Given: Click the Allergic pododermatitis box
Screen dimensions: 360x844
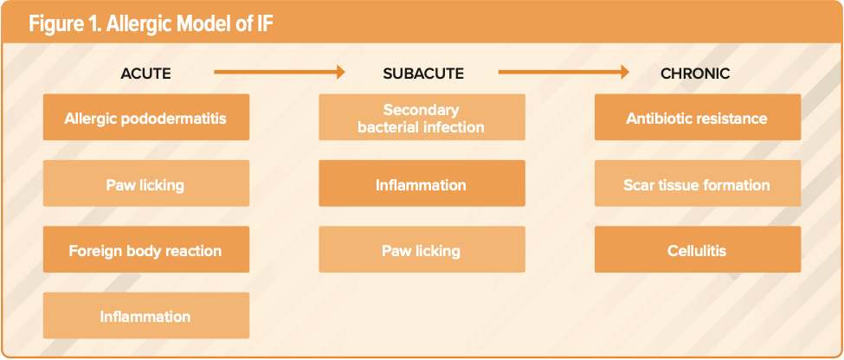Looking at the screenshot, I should click(x=145, y=118).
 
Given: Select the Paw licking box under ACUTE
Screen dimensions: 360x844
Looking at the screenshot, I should click(x=145, y=184).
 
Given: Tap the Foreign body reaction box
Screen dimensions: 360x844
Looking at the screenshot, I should click(x=145, y=251).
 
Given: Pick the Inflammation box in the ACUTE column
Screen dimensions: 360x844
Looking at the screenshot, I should click(x=145, y=317).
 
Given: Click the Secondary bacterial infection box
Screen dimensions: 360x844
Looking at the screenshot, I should click(x=422, y=119).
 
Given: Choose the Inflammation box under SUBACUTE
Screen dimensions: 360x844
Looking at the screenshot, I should click(x=422, y=184).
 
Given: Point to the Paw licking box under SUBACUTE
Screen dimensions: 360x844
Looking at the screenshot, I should click(x=422, y=251).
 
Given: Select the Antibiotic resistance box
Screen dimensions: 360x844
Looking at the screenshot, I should click(x=697, y=118).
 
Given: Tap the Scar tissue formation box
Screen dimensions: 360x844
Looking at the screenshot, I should click(x=697, y=184).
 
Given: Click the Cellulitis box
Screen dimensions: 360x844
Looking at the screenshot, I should click(x=697, y=251).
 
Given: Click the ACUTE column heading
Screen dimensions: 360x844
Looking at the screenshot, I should click(x=145, y=74).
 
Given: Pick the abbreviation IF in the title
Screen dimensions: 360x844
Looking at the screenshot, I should click(x=265, y=23).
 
